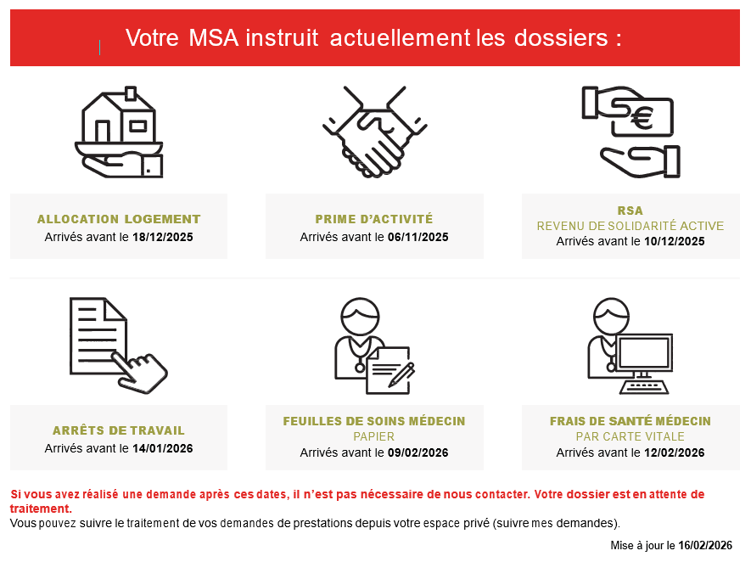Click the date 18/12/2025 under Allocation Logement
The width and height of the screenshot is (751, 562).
[163, 237]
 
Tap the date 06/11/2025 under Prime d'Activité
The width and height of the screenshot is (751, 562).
[418, 237]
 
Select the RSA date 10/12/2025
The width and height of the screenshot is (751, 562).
[675, 241]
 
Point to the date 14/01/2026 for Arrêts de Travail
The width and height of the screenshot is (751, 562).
[163, 448]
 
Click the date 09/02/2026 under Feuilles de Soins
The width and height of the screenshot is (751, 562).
[418, 452]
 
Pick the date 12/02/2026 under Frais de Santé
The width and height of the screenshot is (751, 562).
[675, 452]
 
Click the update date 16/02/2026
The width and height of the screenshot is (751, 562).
[705, 545]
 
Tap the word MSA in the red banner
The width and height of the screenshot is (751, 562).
[214, 38]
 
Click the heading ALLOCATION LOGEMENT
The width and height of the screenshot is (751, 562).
[119, 219]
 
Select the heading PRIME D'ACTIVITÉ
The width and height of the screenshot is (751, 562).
[374, 219]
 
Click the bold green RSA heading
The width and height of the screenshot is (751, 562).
[631, 211]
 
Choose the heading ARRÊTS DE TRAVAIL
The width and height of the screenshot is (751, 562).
[119, 430]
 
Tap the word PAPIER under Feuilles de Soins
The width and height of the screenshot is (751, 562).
[374, 436]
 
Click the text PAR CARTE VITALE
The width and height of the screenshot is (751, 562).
[631, 436]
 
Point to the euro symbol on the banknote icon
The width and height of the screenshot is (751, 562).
[642, 118]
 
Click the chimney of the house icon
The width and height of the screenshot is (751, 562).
[131, 93]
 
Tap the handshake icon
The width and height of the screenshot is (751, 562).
[374, 132]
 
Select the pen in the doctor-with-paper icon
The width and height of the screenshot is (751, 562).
[402, 374]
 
